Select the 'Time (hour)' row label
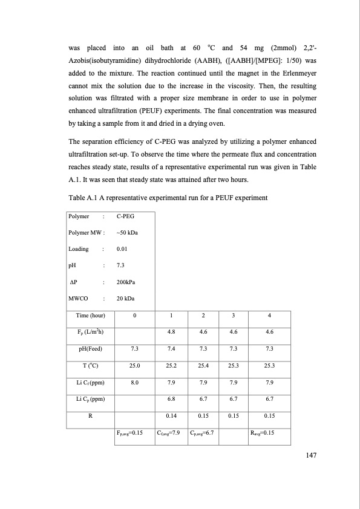(90, 316)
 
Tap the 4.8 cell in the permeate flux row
(171, 331)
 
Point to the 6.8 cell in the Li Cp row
(171, 399)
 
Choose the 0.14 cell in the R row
(171, 415)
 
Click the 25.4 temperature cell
(203, 365)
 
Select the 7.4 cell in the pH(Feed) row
(171, 348)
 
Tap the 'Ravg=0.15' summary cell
(262, 432)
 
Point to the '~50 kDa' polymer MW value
(126, 232)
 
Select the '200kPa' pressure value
(126, 282)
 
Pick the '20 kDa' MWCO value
(125, 299)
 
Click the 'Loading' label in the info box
(79, 248)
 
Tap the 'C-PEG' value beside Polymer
(125, 216)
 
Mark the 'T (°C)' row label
(90, 365)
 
